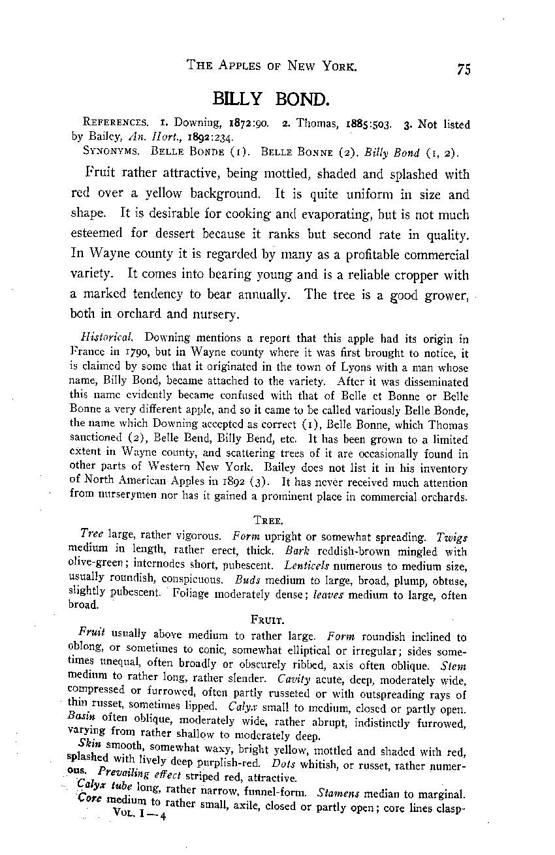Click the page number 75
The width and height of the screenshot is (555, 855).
pyautogui.click(x=464, y=69)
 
